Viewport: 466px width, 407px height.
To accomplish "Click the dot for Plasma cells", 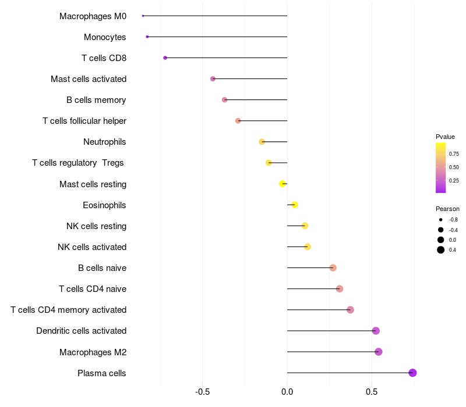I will [x=412, y=373].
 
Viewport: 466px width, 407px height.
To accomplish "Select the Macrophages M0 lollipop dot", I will [x=143, y=16].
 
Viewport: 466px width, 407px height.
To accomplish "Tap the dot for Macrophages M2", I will [x=379, y=352].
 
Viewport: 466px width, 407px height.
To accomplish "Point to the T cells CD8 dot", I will [x=165, y=58].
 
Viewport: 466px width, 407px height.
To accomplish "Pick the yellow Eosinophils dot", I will [x=295, y=205].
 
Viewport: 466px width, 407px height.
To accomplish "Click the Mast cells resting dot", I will [x=283, y=184].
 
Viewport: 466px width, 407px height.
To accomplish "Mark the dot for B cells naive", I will [x=333, y=268].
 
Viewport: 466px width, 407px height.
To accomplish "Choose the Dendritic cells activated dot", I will [x=376, y=331].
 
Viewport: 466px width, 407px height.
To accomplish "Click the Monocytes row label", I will [x=105, y=37].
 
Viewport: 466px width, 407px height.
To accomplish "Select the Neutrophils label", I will [x=105, y=142].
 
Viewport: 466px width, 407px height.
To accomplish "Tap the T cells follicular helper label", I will [x=84, y=121].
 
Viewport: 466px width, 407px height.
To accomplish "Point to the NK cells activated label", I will [x=92, y=247].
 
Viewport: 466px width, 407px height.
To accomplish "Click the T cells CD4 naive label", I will [x=93, y=289].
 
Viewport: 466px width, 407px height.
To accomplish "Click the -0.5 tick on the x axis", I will [x=203, y=392].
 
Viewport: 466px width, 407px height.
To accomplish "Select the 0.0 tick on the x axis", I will [x=287, y=392].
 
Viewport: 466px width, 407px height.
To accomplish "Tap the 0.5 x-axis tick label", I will [x=372, y=392].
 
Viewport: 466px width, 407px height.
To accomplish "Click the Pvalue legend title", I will [x=445, y=137].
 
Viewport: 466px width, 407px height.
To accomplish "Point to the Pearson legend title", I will [x=447, y=209].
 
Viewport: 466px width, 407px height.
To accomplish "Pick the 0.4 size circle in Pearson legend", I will [x=441, y=250].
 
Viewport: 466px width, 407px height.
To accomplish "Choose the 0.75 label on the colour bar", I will [x=453, y=154].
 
